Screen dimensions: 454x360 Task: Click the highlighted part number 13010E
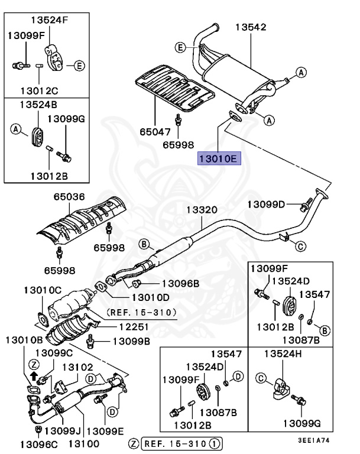pos(216,158)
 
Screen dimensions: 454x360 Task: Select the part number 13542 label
pos(251,27)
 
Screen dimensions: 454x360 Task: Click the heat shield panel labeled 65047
pos(171,89)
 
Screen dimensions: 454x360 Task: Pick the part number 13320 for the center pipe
pos(202,210)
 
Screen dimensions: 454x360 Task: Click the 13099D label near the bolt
pos(266,205)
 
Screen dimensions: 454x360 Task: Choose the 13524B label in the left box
pos(39,105)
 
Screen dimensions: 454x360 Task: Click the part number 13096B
pos(180,284)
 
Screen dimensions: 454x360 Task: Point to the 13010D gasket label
pos(150,297)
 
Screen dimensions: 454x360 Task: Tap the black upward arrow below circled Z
pos(33,374)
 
